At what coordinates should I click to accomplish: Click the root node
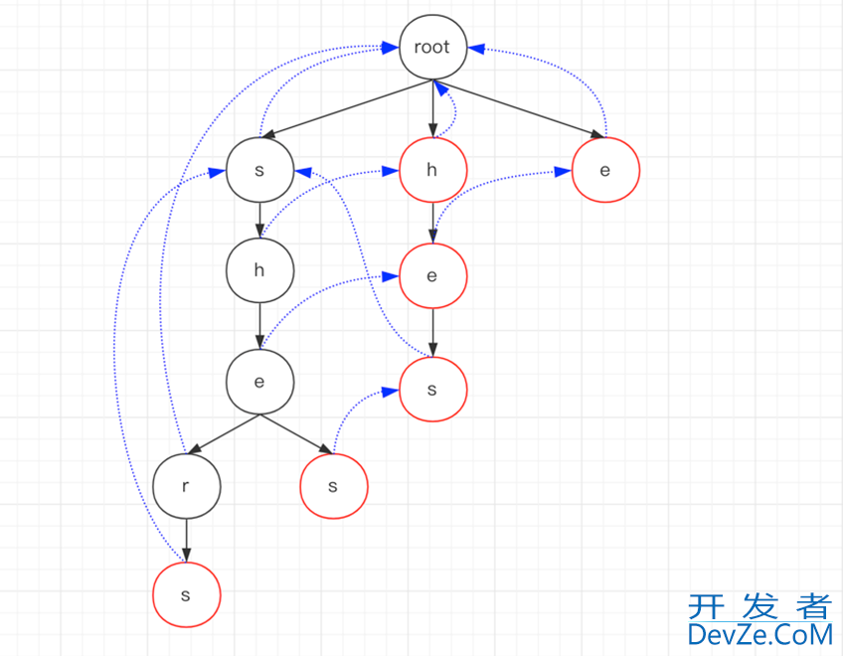(x=432, y=47)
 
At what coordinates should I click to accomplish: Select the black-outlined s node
(x=259, y=170)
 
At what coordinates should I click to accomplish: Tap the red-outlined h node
(x=432, y=170)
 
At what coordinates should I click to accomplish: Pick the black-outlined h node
(x=259, y=270)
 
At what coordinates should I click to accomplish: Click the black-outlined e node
(x=259, y=381)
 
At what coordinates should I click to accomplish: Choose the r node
(x=187, y=486)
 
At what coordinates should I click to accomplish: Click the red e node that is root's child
(x=605, y=170)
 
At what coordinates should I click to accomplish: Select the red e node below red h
(x=432, y=275)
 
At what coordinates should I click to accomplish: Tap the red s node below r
(x=186, y=594)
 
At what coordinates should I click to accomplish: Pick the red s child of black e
(x=333, y=486)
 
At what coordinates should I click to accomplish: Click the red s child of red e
(x=432, y=389)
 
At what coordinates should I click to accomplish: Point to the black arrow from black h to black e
(x=259, y=325)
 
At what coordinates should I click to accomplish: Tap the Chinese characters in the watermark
(x=759, y=606)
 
